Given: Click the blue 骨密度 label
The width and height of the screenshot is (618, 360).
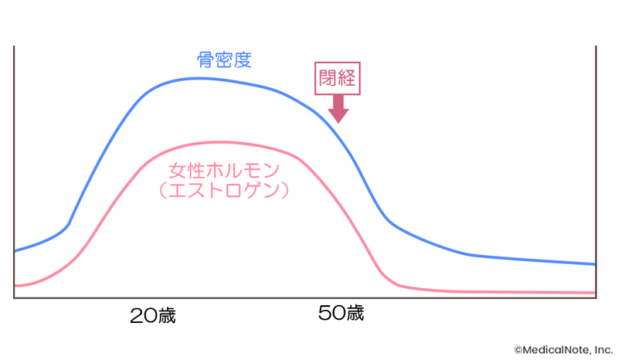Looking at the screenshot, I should pyautogui.click(x=224, y=60).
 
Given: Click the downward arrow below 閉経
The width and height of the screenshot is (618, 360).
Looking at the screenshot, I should pyautogui.click(x=338, y=110).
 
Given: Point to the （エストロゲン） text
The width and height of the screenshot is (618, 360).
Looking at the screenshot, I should pyautogui.click(x=224, y=190).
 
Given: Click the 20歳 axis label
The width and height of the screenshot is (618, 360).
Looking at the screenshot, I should pyautogui.click(x=152, y=315).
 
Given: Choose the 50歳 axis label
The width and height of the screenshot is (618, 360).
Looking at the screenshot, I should pyautogui.click(x=340, y=314).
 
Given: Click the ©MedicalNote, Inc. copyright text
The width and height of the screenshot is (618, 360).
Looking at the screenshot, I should pyautogui.click(x=564, y=350).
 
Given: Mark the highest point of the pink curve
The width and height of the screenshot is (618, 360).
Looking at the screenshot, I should pyautogui.click(x=220, y=142).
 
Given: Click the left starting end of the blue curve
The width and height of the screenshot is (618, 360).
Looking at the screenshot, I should pyautogui.click(x=15, y=251).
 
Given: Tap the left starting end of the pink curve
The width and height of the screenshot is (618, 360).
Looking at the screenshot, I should pyautogui.click(x=15, y=286).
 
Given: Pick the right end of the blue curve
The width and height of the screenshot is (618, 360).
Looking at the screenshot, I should pyautogui.click(x=595, y=264).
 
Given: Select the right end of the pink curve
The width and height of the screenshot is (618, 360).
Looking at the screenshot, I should pyautogui.click(x=595, y=293).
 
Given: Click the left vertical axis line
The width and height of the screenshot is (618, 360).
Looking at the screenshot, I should pyautogui.click(x=14, y=170).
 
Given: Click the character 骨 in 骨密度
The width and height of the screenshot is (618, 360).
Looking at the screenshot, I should pyautogui.click(x=206, y=60).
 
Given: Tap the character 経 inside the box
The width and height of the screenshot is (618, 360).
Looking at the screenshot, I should pyautogui.click(x=348, y=77).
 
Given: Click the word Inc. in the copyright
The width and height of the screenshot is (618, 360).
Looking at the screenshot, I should pyautogui.click(x=603, y=350).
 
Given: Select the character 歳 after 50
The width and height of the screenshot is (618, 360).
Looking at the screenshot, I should pyautogui.click(x=354, y=314).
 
